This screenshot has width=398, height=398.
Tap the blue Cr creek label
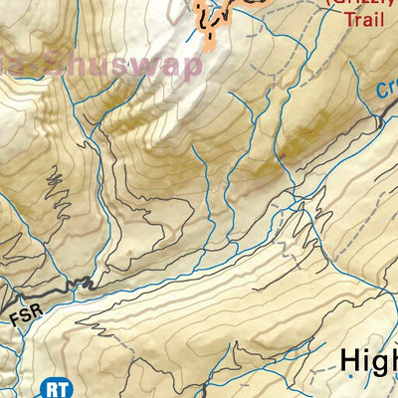click(387, 89)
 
